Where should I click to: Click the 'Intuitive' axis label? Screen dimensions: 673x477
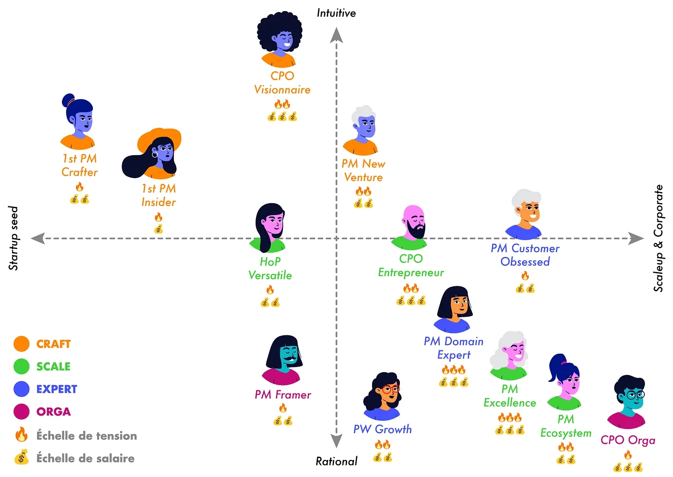pos(336,13)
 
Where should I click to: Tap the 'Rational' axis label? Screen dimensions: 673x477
pos(336,461)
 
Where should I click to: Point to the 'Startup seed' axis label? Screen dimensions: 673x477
pos(13,238)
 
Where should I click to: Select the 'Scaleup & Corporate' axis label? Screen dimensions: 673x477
pos(658,238)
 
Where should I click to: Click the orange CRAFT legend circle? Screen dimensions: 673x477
pos(21,344)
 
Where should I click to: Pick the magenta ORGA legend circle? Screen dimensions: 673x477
pos(21,411)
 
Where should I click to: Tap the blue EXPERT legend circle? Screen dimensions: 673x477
pos(21,389)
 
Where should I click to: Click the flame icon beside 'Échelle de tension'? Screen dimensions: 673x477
pos(21,435)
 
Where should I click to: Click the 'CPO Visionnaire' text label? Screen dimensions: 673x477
pos(282,83)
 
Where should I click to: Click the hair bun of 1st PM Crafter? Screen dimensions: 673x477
pos(68,100)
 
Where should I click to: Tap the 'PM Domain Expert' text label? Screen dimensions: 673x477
pos(453,348)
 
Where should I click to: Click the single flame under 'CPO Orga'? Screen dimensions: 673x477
pos(628,455)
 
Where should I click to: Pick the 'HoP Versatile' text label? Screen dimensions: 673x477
pos(270,268)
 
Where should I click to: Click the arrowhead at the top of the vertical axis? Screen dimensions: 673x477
pos(336,35)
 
